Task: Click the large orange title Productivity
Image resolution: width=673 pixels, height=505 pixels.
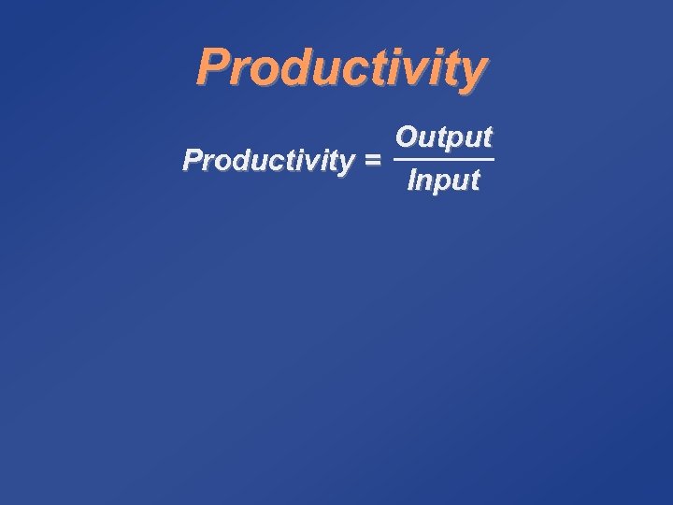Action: click(341, 67)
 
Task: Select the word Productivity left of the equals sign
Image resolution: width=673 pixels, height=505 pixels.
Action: click(268, 161)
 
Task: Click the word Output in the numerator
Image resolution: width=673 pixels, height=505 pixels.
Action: click(443, 137)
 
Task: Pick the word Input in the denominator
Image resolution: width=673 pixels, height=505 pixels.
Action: click(443, 180)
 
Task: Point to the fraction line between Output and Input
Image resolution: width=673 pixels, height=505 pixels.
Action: click(444, 159)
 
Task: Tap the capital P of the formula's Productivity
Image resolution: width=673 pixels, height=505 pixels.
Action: click(193, 160)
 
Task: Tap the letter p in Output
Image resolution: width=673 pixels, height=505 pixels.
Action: click(451, 140)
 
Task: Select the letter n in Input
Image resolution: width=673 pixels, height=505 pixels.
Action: click(425, 180)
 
